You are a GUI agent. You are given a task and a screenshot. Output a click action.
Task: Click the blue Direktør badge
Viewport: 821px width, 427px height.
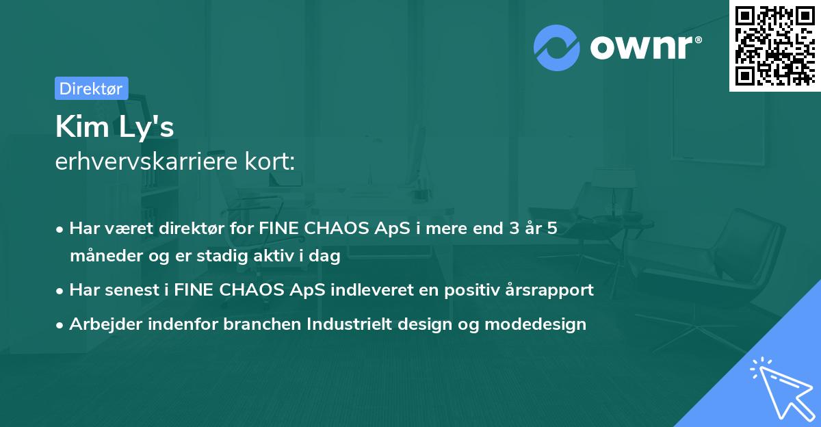point(92,88)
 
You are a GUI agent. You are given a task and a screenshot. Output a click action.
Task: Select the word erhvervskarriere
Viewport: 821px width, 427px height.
point(146,161)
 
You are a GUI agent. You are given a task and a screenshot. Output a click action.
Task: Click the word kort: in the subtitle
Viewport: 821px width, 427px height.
point(270,161)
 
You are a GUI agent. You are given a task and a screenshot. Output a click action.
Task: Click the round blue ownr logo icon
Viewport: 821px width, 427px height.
point(557,48)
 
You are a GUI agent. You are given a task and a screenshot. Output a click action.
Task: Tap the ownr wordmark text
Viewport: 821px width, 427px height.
point(645,47)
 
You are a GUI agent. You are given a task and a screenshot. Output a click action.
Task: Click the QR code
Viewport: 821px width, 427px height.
point(775,45)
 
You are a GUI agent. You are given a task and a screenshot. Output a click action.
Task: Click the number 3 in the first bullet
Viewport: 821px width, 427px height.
point(514,229)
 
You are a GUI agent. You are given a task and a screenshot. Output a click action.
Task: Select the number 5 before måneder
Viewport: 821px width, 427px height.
point(552,229)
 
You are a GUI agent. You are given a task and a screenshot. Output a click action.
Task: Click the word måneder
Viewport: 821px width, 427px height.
point(106,256)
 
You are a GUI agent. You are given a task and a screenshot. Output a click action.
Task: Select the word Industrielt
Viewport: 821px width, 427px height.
point(350,324)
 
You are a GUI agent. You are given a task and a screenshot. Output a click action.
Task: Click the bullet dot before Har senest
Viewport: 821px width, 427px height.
point(60,292)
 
